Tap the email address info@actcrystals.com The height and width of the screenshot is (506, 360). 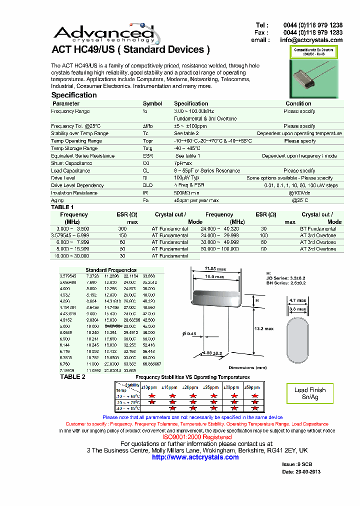pyautogui.click(x=311, y=40)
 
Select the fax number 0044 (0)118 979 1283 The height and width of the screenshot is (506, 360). pyautogui.click(x=312, y=32)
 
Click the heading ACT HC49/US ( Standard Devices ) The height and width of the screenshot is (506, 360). pyautogui.click(x=130, y=49)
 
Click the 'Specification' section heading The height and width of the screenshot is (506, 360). pyautogui.click(x=74, y=95)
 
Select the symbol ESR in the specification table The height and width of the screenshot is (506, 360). pyautogui.click(x=147, y=155)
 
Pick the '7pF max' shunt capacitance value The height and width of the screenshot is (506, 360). pyautogui.click(x=182, y=163)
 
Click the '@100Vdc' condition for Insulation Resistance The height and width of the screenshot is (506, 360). pyautogui.click(x=300, y=192)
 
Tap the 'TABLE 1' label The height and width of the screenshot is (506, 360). pyautogui.click(x=62, y=207)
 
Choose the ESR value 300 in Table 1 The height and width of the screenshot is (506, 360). pyautogui.click(x=122, y=228)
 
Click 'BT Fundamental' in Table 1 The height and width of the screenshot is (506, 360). pyautogui.click(x=318, y=228)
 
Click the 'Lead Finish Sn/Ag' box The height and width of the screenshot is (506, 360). pyautogui.click(x=309, y=393)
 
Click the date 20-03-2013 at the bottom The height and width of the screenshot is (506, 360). pyautogui.click(x=301, y=471)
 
